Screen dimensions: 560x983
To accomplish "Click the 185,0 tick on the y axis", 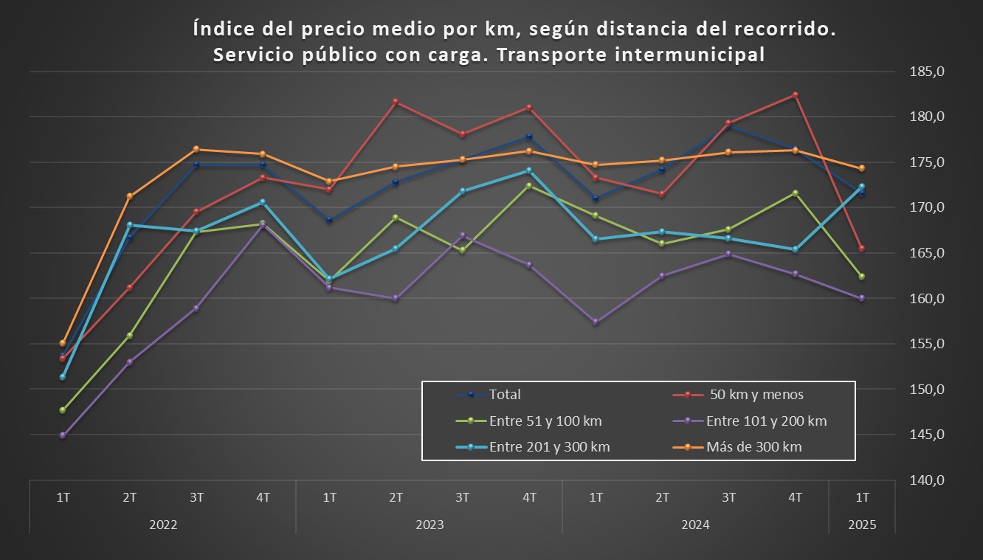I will (x=926, y=72).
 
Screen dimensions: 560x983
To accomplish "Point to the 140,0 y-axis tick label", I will (x=926, y=480).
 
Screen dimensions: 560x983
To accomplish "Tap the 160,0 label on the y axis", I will (x=926, y=299).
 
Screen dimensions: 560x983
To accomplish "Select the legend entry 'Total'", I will (x=505, y=395).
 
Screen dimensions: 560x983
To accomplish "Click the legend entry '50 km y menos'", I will (x=756, y=395).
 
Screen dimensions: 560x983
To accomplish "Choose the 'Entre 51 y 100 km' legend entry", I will (x=545, y=421).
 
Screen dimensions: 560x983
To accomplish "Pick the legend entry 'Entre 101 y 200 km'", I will (x=766, y=421).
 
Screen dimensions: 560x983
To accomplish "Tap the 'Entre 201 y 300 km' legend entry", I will (x=549, y=447).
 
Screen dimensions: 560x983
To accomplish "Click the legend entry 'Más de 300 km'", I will (x=753, y=447).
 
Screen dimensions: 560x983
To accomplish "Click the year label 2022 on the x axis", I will (x=163, y=525).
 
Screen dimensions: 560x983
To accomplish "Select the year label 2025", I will (x=862, y=525).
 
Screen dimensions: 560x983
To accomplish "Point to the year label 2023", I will (x=430, y=525).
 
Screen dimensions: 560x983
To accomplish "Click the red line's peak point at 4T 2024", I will (x=795, y=95).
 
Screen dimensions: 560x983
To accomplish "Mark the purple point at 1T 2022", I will (x=63, y=435).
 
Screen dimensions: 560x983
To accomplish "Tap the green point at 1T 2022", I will (x=63, y=410).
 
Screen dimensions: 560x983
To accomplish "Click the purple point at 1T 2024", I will (x=596, y=322).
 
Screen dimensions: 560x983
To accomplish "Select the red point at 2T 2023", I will (x=396, y=101).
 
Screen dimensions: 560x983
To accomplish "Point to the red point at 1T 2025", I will (x=861, y=249).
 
